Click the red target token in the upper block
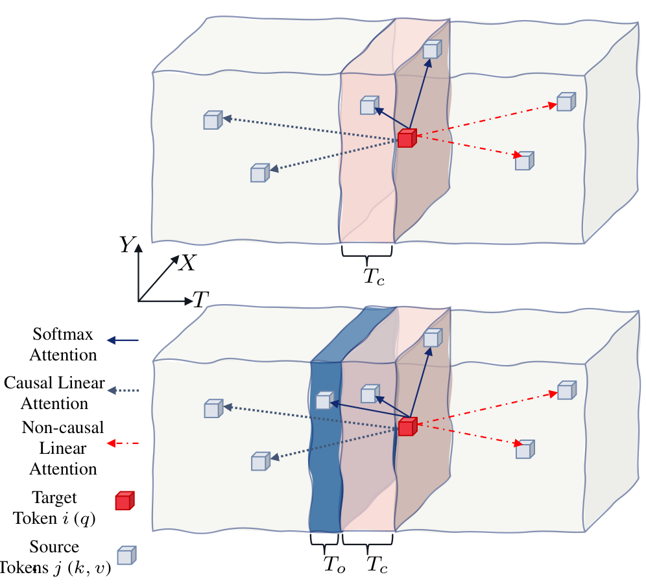click(407, 138)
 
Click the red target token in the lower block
click(407, 427)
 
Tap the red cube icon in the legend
click(124, 501)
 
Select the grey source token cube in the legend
click(126, 556)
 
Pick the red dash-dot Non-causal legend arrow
click(123, 444)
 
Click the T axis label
click(201, 300)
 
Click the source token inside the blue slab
click(324, 400)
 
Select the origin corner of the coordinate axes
click(139, 301)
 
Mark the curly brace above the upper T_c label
click(368, 250)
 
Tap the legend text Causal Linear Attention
click(54, 393)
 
